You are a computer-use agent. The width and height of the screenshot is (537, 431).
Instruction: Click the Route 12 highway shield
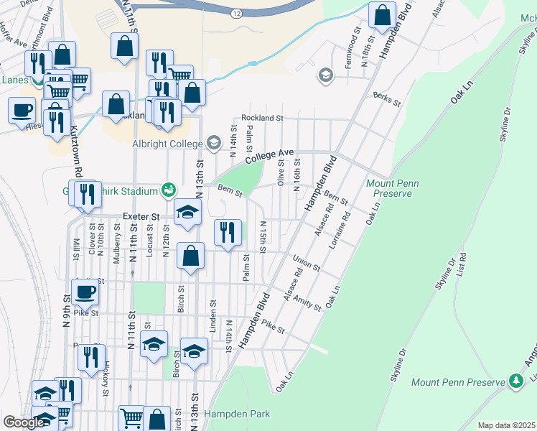[x=238, y=14]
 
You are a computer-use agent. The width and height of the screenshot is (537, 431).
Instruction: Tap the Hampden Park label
[x=238, y=414]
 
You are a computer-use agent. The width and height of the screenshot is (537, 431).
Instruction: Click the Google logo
[x=23, y=422]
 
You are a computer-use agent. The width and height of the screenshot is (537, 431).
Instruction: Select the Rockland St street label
[x=262, y=117]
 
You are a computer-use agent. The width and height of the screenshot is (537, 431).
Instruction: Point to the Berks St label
[x=386, y=99]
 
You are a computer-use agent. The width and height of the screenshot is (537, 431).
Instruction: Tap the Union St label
[x=306, y=263]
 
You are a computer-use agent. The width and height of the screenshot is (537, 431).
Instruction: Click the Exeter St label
[x=140, y=215]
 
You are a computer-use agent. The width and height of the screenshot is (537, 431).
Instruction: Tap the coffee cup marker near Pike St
[x=85, y=292]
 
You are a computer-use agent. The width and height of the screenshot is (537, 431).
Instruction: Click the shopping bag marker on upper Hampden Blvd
[x=383, y=14]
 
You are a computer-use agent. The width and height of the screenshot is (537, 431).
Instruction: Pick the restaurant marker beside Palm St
[x=228, y=232]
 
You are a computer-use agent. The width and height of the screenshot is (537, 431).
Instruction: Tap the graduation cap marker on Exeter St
[x=188, y=212]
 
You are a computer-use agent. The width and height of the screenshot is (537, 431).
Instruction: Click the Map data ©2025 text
[x=506, y=425]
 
